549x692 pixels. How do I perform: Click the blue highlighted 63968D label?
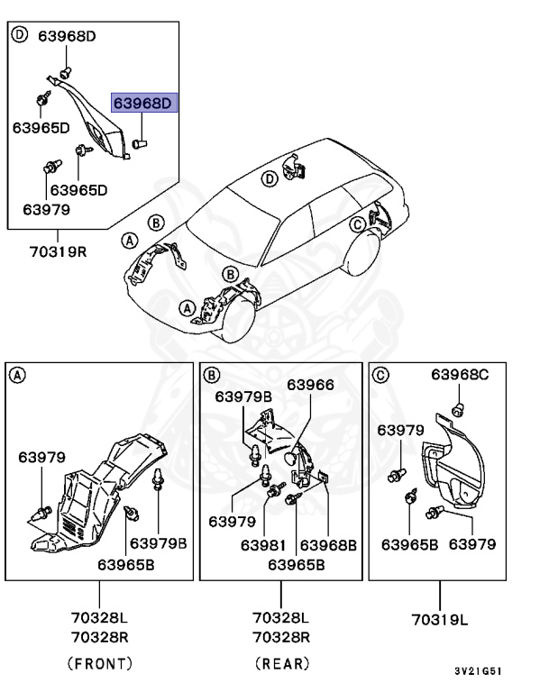pyautogui.click(x=144, y=104)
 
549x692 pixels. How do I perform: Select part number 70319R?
pyautogui.click(x=56, y=250)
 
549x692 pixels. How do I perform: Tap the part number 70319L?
pyautogui.click(x=441, y=620)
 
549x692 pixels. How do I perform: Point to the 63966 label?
pyautogui.click(x=310, y=385)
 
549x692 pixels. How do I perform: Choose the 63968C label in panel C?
pyautogui.click(x=460, y=375)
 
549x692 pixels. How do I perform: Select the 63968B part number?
pyautogui.click(x=328, y=544)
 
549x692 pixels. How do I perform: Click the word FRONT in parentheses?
pyautogui.click(x=99, y=663)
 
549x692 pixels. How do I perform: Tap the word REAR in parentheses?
pyautogui.click(x=281, y=663)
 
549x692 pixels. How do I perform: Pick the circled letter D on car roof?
pyautogui.click(x=269, y=179)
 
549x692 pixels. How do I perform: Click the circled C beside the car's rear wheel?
pyautogui.click(x=358, y=223)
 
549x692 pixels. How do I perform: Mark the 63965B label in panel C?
pyautogui.click(x=409, y=544)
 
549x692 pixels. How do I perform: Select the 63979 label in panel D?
pyautogui.click(x=45, y=209)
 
